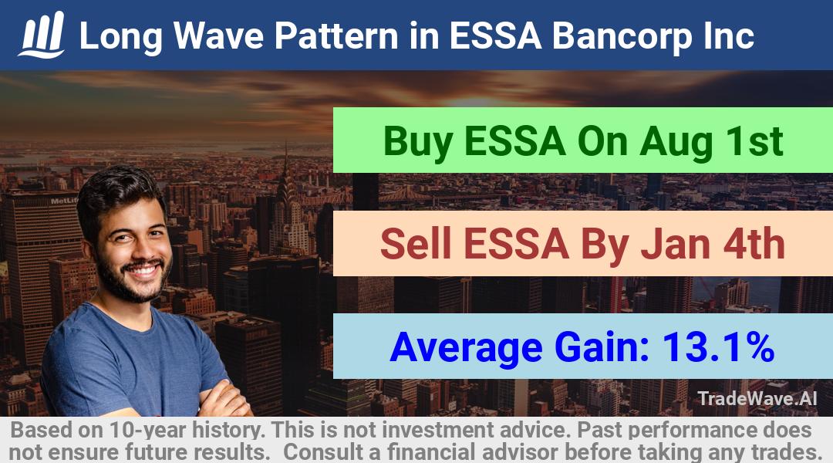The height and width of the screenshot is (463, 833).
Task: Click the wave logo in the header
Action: pyautogui.click(x=42, y=35)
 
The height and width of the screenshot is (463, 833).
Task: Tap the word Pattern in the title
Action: pyautogui.click(x=336, y=35)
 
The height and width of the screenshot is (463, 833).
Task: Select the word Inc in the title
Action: pyautogui.click(x=728, y=35)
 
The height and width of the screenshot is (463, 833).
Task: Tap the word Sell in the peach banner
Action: pyautogui.click(x=416, y=244)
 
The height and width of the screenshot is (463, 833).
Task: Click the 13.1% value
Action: pyautogui.click(x=718, y=347)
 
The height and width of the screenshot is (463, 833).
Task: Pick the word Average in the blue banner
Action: pyautogui.click(x=466, y=348)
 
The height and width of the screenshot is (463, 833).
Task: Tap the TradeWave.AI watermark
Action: pyautogui.click(x=757, y=398)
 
